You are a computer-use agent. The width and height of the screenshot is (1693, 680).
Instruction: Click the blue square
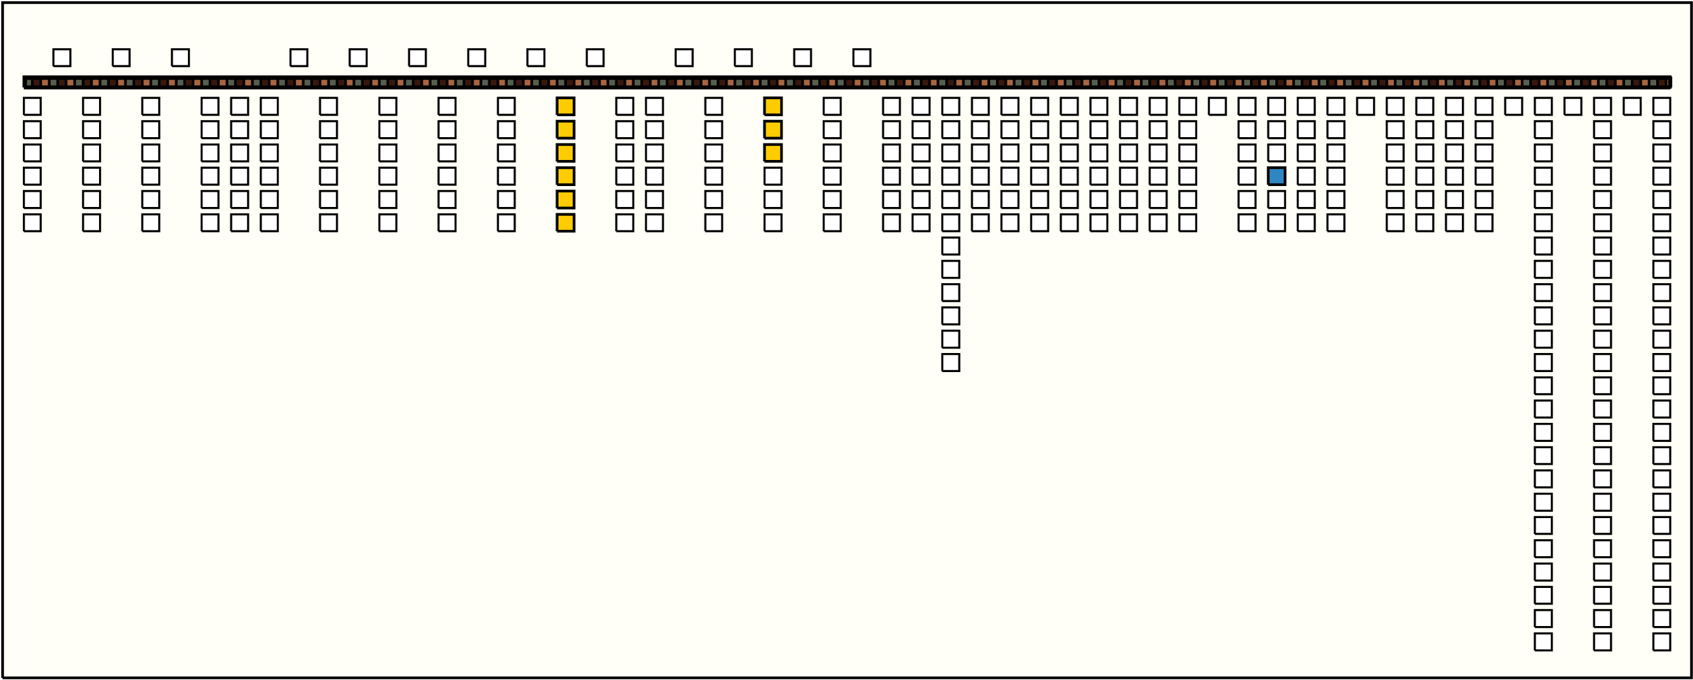(1276, 176)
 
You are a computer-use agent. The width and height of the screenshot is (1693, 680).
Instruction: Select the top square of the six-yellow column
(565, 107)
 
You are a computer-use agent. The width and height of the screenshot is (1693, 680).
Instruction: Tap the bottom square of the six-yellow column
(565, 223)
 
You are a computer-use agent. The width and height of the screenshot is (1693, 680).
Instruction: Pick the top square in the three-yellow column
(773, 107)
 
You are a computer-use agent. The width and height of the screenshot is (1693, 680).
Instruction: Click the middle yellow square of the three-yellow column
(773, 130)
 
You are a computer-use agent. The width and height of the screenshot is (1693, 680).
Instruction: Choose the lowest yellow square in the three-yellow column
(773, 153)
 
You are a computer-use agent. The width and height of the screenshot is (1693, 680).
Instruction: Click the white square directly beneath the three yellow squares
(773, 176)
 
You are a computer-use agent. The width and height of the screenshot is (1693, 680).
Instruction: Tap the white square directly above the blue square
(1276, 153)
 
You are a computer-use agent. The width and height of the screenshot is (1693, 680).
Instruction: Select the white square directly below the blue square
(1276, 200)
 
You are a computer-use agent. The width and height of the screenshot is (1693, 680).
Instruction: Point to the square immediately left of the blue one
(1247, 176)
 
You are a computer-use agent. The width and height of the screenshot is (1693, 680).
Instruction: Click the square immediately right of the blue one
(1306, 176)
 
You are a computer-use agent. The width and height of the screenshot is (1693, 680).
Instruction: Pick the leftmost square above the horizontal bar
(62, 58)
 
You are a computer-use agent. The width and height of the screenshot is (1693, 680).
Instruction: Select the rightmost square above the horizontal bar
(862, 58)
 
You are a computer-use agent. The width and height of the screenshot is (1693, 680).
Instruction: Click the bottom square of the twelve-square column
(951, 363)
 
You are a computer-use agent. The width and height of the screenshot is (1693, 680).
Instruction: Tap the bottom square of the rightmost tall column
(1661, 642)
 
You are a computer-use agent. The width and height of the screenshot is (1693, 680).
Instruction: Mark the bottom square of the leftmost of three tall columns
(1543, 642)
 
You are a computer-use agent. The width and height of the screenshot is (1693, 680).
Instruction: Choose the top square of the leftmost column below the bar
(32, 107)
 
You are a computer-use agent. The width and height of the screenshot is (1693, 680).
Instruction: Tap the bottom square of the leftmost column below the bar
(32, 223)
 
